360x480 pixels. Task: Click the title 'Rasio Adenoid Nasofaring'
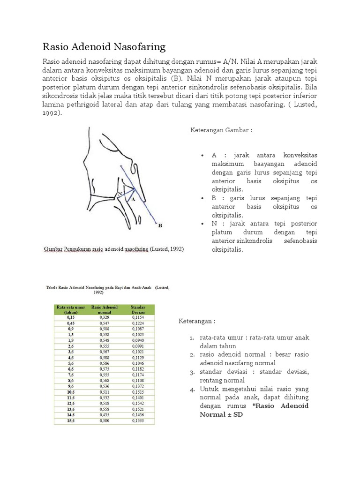click(x=104, y=46)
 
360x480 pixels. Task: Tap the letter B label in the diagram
click(x=160, y=226)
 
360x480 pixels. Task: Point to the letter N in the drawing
click(x=120, y=193)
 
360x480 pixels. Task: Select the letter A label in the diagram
click(x=133, y=199)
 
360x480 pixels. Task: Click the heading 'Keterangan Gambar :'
click(x=221, y=130)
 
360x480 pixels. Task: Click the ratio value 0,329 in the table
click(x=104, y=317)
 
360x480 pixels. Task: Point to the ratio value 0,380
click(x=104, y=420)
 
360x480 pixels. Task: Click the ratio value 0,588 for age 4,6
click(x=104, y=357)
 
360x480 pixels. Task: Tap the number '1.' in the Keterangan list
click(x=192, y=337)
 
